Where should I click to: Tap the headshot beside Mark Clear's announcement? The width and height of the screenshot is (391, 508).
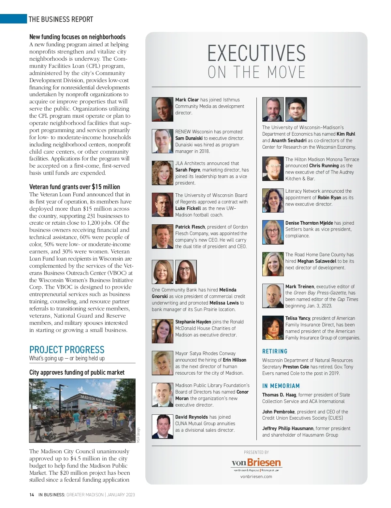(x=162, y=109)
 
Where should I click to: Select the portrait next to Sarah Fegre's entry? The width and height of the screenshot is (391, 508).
(x=162, y=173)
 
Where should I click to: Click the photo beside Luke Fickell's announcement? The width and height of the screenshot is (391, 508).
(x=162, y=205)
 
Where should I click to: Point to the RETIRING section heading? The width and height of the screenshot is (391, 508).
(x=275, y=351)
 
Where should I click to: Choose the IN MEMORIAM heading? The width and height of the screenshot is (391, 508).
(x=281, y=386)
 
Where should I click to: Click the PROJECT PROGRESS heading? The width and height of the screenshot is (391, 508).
(x=67, y=350)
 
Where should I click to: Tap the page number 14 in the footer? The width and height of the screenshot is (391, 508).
(x=32, y=495)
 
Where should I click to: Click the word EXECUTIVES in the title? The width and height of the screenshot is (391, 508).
(x=256, y=53)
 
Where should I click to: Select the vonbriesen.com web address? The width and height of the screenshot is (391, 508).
(x=256, y=476)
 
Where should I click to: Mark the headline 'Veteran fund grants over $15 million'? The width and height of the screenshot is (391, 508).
(x=75, y=187)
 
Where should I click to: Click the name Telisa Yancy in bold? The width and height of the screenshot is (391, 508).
(x=297, y=318)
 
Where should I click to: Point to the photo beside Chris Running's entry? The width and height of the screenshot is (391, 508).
(x=273, y=169)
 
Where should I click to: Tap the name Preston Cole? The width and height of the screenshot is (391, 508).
(x=296, y=367)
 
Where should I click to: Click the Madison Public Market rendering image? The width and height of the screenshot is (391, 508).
(x=82, y=410)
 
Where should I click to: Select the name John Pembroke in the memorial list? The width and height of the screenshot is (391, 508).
(x=278, y=412)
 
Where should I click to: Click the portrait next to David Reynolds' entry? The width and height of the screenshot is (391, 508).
(x=162, y=426)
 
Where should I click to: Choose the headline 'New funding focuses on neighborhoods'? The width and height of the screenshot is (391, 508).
(x=77, y=37)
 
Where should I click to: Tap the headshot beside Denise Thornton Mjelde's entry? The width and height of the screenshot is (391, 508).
(x=273, y=232)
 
